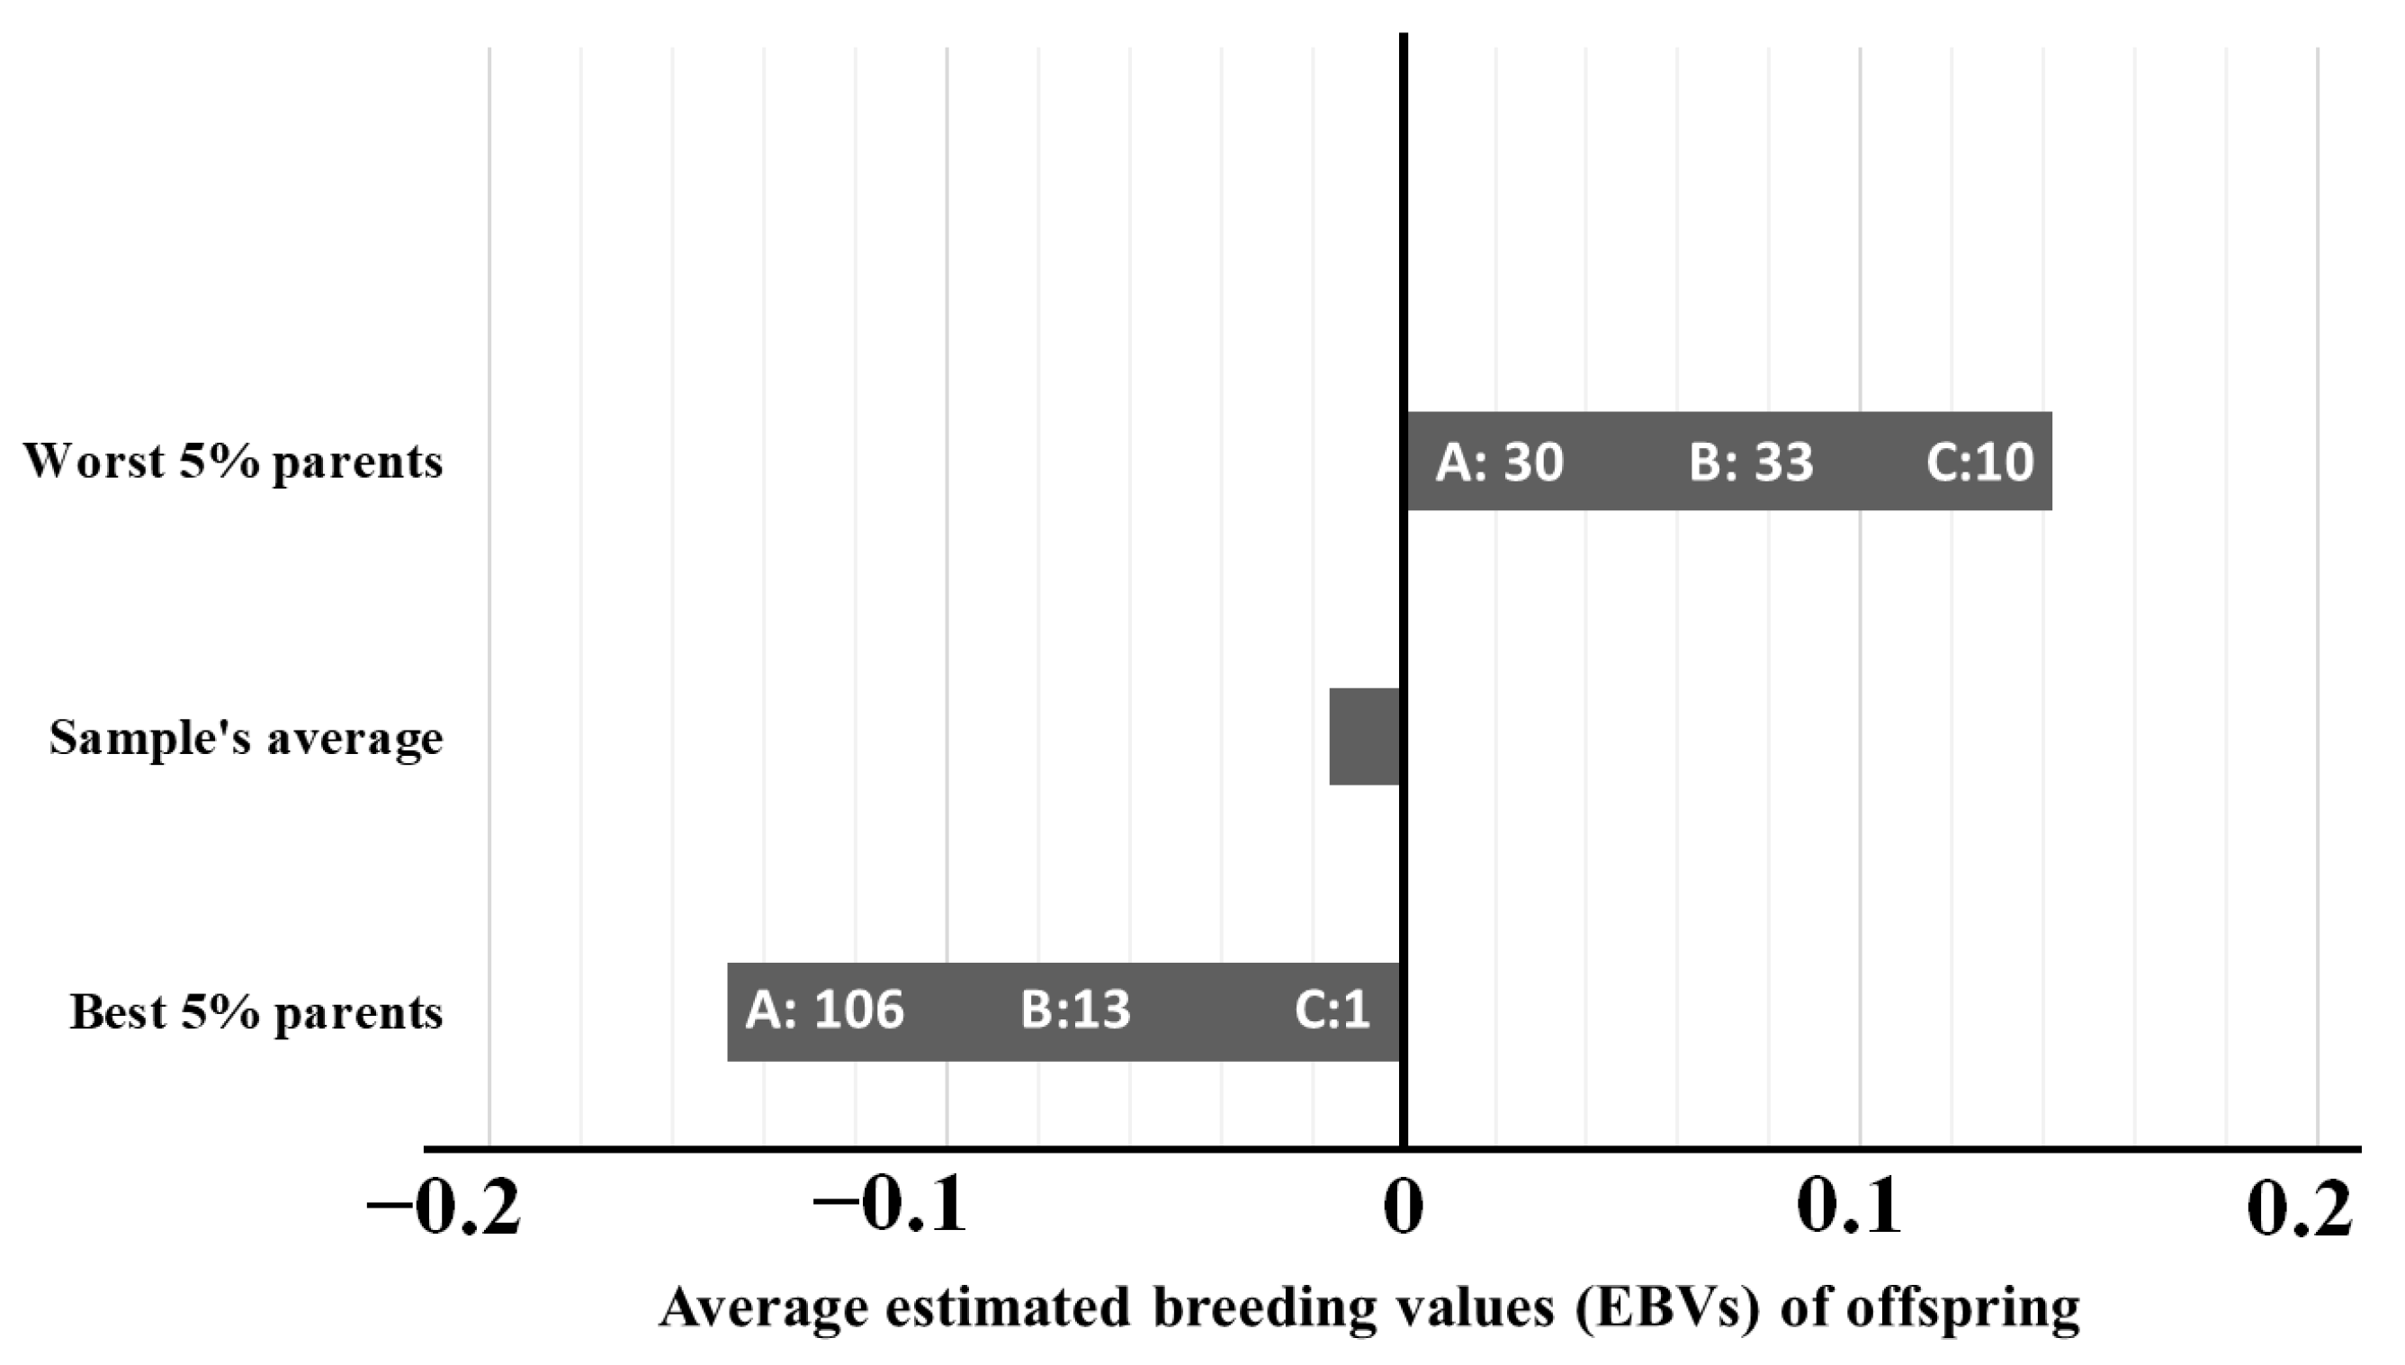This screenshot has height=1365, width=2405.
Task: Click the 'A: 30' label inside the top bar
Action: (1500, 462)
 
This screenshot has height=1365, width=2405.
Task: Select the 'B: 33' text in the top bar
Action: (1751, 462)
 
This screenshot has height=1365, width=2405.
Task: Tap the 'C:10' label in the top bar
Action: (1979, 462)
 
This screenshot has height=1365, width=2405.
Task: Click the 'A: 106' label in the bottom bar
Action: (825, 1010)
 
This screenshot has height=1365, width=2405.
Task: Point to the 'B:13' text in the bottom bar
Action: (1075, 1010)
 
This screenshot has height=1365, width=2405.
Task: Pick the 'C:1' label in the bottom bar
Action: (1332, 1010)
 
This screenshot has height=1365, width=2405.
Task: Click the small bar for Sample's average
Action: (1365, 737)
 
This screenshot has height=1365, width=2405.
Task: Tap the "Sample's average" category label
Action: (246, 738)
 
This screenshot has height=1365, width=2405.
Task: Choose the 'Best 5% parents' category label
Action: (256, 1012)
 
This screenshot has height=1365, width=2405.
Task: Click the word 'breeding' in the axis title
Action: (1264, 1308)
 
